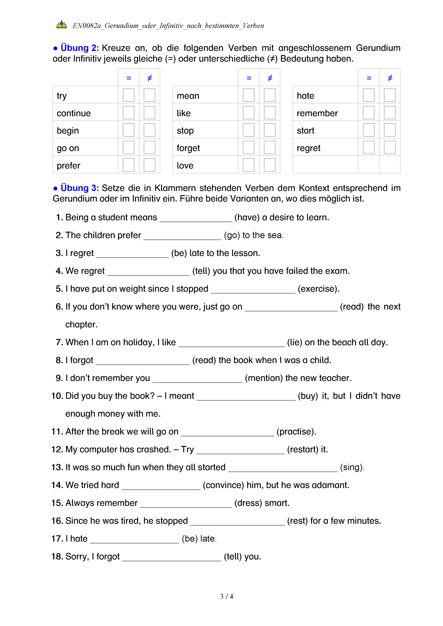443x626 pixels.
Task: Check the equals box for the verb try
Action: click(128, 95)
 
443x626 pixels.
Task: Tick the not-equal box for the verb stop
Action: click(270, 130)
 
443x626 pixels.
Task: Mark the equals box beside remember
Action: click(369, 113)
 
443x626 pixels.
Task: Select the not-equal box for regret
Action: click(390, 147)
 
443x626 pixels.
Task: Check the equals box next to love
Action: click(248, 165)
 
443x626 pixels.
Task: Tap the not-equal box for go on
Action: click(150, 147)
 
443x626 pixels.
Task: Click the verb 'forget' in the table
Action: click(188, 148)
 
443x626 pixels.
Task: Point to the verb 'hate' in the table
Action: click(305, 96)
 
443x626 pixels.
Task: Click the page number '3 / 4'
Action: click(226, 597)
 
